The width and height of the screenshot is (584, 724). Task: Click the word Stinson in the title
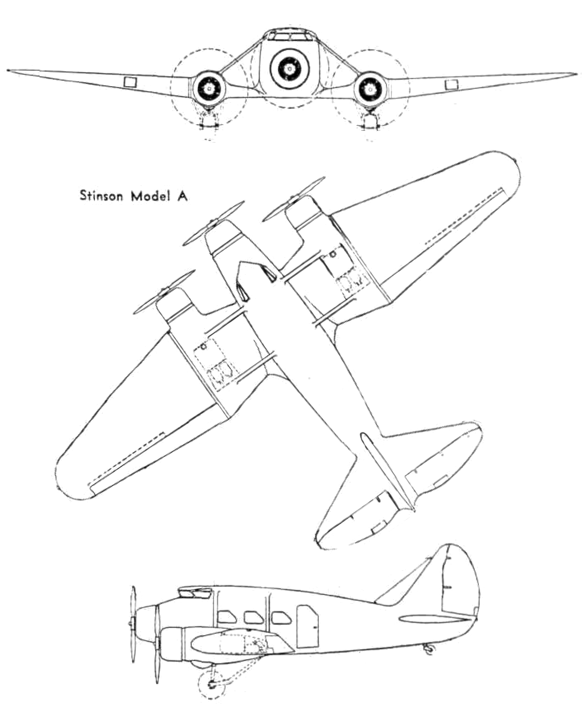point(101,196)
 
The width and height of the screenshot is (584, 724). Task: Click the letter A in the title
point(182,196)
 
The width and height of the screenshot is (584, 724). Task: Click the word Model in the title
point(149,196)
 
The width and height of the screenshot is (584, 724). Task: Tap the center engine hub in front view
point(289,69)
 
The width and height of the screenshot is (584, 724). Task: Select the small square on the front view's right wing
point(452,85)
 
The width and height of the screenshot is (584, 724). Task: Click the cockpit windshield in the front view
point(289,36)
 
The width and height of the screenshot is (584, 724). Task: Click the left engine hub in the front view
point(209,89)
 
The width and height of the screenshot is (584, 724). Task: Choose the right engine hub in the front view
point(370,90)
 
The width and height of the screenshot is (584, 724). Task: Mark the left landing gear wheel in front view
point(209,125)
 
